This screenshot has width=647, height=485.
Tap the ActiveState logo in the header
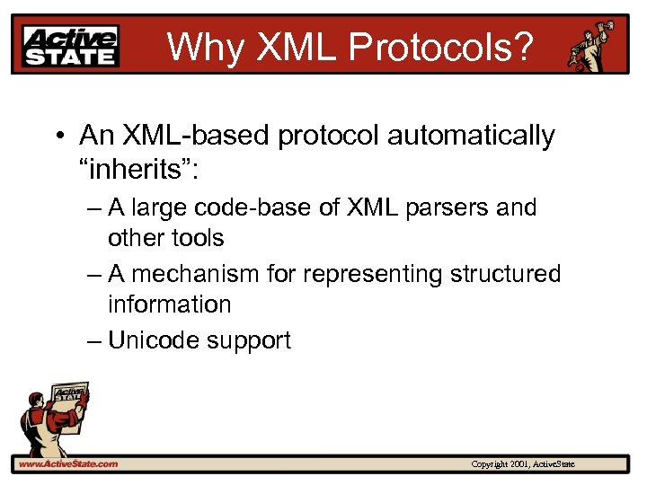[70, 45]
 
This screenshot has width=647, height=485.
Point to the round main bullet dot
[58, 137]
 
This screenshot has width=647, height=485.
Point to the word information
[169, 304]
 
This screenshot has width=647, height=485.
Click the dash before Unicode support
[94, 341]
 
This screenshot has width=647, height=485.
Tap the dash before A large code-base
[94, 208]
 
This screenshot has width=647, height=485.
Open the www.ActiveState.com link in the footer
[67, 464]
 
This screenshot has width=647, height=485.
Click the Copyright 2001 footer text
[528, 464]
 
